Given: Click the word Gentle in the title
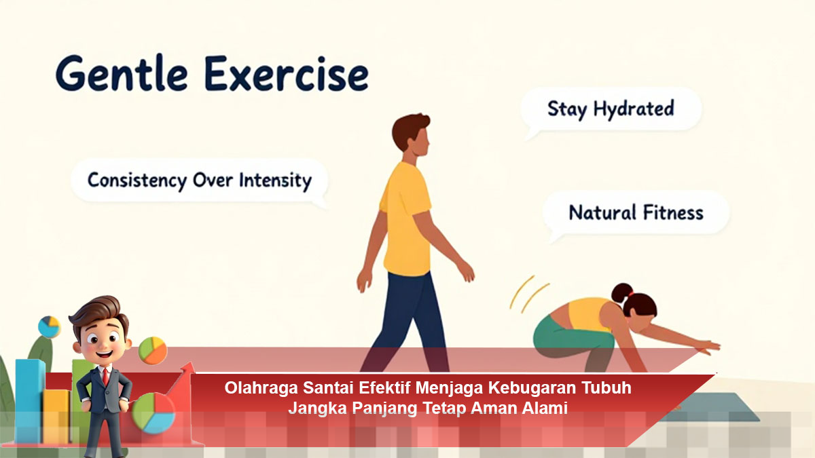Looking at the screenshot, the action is point(122,74).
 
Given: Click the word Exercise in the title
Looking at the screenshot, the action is point(287,74).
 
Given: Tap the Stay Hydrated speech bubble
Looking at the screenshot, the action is point(611,109).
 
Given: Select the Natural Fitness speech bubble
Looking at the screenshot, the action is point(636,213).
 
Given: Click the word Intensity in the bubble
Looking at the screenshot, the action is point(276,180).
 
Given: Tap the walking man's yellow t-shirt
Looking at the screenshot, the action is point(405,218).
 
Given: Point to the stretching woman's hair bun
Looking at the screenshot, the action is point(622,292).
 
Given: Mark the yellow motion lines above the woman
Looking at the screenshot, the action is point(528,294).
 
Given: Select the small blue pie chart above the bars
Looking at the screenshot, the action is point(49,326).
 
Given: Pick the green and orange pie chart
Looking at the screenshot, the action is point(153,350).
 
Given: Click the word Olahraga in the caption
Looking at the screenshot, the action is point(261,388).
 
